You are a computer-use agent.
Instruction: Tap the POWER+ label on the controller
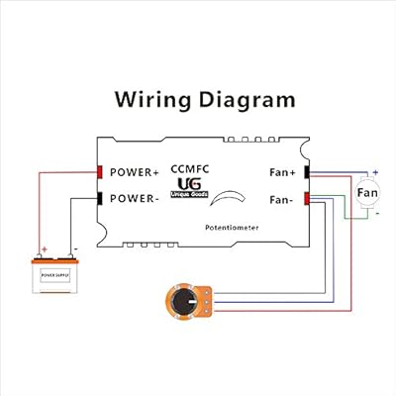tap(133, 172)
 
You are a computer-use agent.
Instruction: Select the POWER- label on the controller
tap(133, 197)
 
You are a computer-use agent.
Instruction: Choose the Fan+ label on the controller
tap(282, 172)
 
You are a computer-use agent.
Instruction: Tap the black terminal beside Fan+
tap(307, 172)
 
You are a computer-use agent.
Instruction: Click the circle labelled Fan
tap(367, 191)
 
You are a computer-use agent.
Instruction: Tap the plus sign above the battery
tap(43, 249)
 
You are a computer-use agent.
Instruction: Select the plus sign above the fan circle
tap(376, 172)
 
